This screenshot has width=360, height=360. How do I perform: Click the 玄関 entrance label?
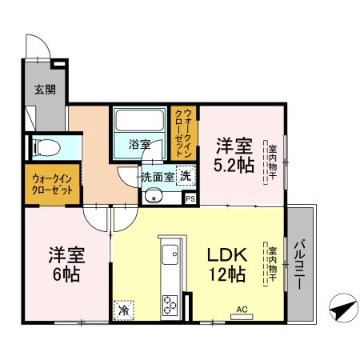(44, 90)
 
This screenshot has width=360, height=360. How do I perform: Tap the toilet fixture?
(46, 147)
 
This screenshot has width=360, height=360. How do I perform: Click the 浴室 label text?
(140, 145)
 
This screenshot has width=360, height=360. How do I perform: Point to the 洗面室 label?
(158, 176)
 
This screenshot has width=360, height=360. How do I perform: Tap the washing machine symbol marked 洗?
(185, 175)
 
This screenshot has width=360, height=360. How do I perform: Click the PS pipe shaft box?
(190, 198)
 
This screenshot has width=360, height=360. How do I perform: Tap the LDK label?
(230, 256)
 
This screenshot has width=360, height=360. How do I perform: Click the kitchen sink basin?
(170, 256)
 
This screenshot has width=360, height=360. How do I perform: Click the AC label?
(242, 310)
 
